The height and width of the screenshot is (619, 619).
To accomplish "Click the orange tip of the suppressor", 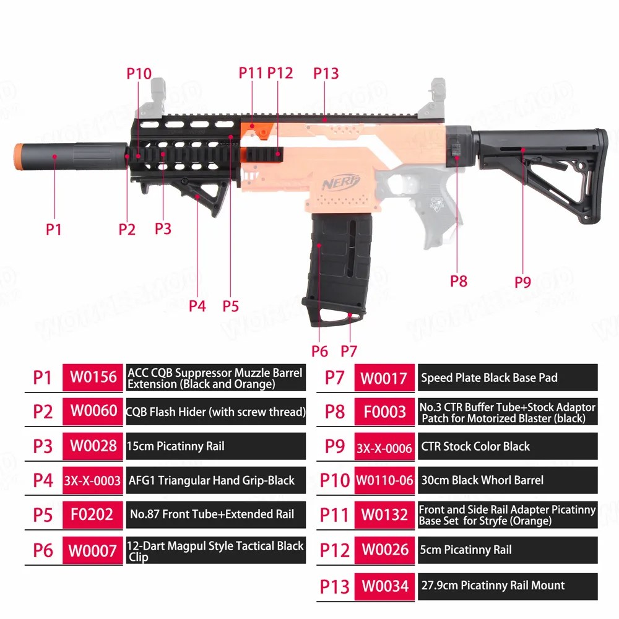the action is click(18, 157).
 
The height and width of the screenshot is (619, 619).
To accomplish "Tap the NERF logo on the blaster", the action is click(341, 182).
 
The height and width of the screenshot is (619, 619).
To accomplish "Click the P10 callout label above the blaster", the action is click(139, 74).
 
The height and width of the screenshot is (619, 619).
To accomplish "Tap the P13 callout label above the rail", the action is click(326, 73).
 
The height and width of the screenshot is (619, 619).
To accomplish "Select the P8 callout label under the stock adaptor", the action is click(459, 281).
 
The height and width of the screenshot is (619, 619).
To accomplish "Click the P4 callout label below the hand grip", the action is click(197, 306).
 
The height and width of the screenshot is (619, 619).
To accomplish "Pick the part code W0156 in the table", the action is click(93, 377).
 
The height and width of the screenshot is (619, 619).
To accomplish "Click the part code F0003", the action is click(385, 412).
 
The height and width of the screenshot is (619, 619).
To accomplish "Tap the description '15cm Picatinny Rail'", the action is click(176, 446).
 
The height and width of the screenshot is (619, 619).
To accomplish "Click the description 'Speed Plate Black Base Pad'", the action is click(489, 378).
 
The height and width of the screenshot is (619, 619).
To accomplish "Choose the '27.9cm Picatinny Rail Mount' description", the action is click(493, 585).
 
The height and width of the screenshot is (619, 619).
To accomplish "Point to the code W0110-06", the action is click(384, 480).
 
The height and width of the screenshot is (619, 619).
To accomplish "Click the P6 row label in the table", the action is click(43, 550).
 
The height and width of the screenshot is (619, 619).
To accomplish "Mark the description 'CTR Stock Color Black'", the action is click(475, 446).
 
